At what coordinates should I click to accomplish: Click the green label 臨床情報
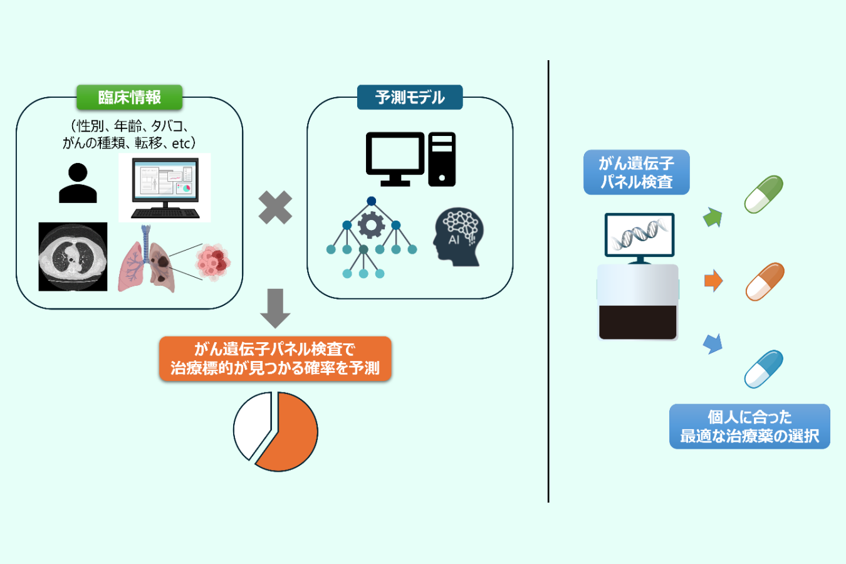pyautogui.click(x=129, y=97)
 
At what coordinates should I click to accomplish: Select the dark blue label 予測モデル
pyautogui.click(x=410, y=97)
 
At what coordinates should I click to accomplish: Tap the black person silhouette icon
pyautogui.click(x=78, y=183)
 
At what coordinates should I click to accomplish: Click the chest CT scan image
pyautogui.click(x=73, y=256)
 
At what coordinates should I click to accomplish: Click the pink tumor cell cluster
pyautogui.click(x=213, y=262)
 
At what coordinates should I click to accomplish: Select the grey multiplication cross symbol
pyautogui.click(x=275, y=207)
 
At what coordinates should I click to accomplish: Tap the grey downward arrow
pyautogui.click(x=274, y=308)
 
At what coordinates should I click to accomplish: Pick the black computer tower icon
pyautogui.click(x=442, y=159)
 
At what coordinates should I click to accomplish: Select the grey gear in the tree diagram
pyautogui.click(x=371, y=225)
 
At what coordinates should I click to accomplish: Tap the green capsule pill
pyautogui.click(x=764, y=194)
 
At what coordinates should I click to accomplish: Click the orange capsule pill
pyautogui.click(x=765, y=282)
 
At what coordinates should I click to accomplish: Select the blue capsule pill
pyautogui.click(x=764, y=369)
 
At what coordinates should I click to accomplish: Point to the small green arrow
pyautogui.click(x=713, y=217)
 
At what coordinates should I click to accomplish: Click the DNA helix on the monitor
pyautogui.click(x=639, y=234)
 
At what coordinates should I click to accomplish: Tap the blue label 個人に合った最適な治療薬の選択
pyautogui.click(x=749, y=426)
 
